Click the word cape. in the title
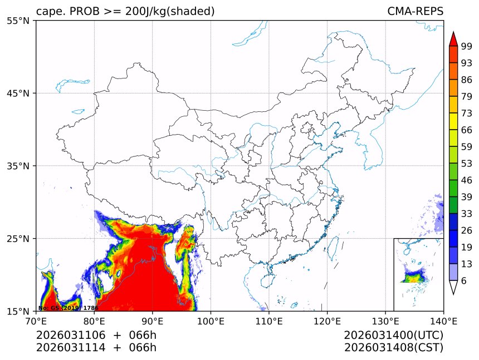coord(48,12)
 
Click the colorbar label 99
coord(467,46)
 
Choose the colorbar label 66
coord(467,130)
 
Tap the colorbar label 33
coord(467,214)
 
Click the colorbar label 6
coord(464,281)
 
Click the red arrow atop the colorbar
coord(453,38)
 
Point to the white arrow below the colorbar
coord(453,287)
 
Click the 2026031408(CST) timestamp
coord(393,348)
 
